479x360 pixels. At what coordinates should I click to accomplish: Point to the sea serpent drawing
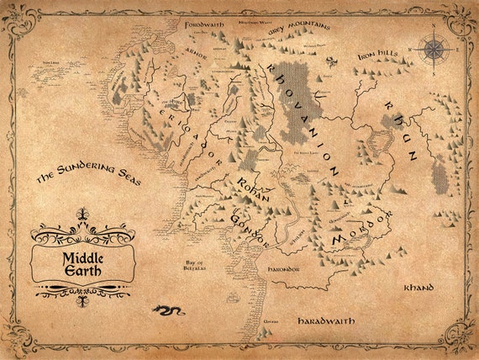point(168,310)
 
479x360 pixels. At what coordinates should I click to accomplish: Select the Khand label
point(418,288)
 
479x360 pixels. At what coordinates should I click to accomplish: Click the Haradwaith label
point(327,320)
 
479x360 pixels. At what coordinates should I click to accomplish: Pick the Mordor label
point(360,230)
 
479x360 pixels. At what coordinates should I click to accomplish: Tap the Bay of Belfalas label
point(202,267)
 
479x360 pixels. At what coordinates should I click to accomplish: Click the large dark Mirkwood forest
point(300,97)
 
